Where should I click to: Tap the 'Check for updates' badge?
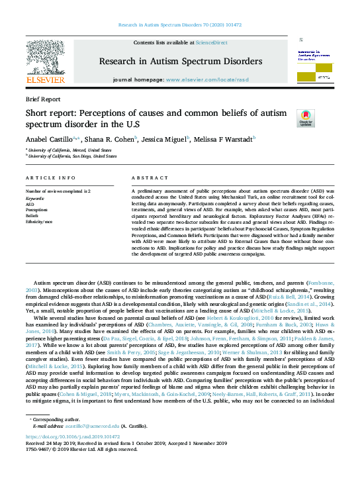[306, 117]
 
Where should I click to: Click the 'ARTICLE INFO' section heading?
[50, 178]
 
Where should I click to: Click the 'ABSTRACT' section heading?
[146, 178]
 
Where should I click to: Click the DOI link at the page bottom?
[67, 437]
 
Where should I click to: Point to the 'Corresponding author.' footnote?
[53, 420]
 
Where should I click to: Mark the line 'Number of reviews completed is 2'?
[58, 191]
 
